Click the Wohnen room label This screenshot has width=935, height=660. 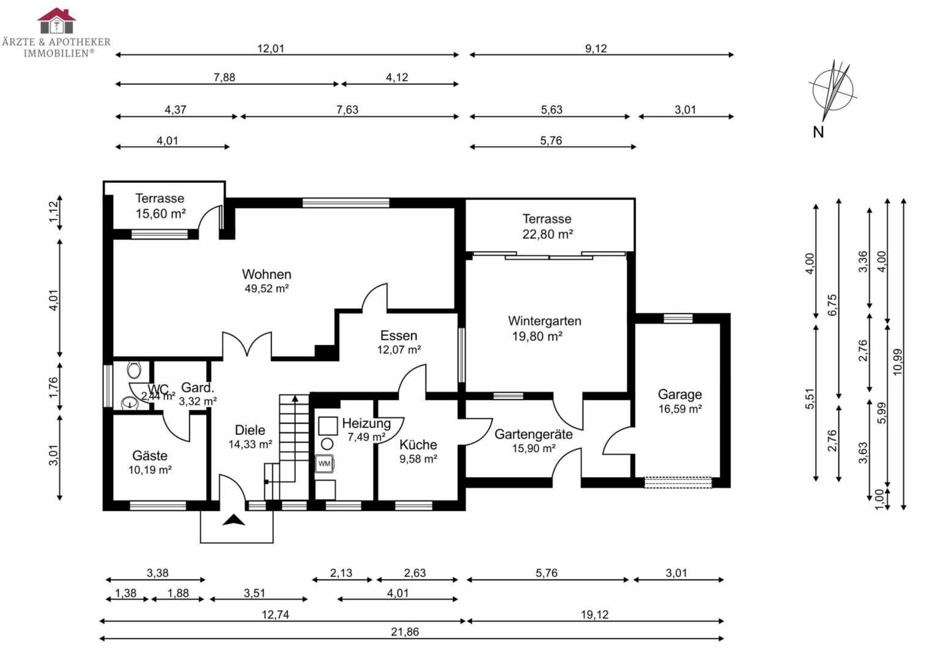(266, 274)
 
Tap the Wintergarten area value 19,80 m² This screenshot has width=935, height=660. (536, 336)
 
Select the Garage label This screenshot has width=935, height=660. (679, 394)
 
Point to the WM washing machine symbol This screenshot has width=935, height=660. (324, 463)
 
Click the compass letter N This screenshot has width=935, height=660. (818, 131)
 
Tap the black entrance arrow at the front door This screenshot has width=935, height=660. (234, 520)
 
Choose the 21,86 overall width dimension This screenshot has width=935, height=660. (405, 632)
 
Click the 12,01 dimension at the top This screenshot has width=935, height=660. (270, 48)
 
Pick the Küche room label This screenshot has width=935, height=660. (418, 444)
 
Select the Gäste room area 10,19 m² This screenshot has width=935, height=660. (150, 470)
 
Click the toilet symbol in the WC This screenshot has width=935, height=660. (134, 369)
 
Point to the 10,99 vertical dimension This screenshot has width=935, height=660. (897, 361)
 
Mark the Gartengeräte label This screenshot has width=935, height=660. (533, 434)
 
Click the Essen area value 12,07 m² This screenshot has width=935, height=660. (399, 350)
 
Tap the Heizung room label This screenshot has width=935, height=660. (366, 423)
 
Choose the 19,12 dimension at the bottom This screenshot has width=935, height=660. (594, 615)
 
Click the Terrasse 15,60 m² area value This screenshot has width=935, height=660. (160, 214)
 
